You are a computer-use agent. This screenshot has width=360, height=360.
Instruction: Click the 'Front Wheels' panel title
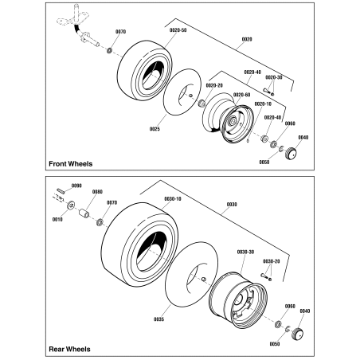(70, 163)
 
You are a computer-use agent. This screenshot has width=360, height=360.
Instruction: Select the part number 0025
(155, 127)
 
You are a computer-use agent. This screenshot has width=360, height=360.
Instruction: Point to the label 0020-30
(275, 77)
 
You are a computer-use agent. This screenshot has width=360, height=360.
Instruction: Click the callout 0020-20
(215, 85)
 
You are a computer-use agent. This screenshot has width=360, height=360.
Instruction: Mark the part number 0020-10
(263, 104)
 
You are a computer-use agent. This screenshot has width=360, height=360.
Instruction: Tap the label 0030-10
(174, 199)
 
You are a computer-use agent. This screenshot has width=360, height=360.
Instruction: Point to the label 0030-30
(245, 252)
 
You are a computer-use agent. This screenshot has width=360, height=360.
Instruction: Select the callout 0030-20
(272, 260)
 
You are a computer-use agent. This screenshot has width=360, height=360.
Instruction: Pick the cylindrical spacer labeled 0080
(84, 216)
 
